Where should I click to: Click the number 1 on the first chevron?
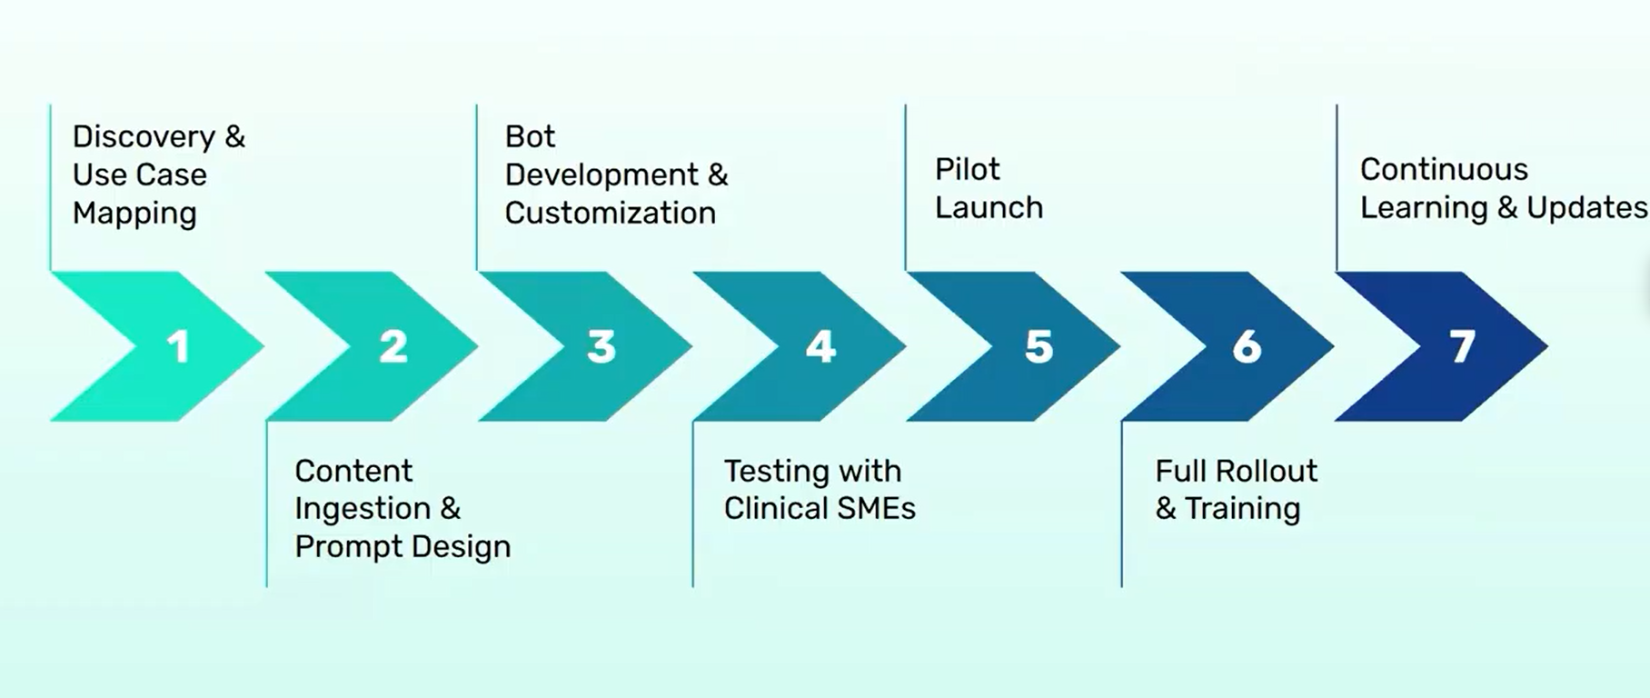(178, 346)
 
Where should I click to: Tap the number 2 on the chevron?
(393, 346)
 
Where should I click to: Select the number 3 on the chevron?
(601, 346)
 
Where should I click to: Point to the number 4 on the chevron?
(820, 346)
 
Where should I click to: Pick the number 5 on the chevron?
(1039, 346)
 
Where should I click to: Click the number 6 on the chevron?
(1247, 346)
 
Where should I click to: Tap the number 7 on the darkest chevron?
(1462, 346)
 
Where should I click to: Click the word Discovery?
(144, 137)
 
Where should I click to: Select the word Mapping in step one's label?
(134, 214)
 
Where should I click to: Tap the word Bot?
(530, 136)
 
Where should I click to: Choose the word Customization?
(611, 213)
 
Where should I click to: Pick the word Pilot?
(968, 169)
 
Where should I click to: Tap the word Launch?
(989, 207)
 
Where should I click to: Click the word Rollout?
(1267, 471)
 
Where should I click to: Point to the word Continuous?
(1444, 169)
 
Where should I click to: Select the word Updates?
(1586, 208)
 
